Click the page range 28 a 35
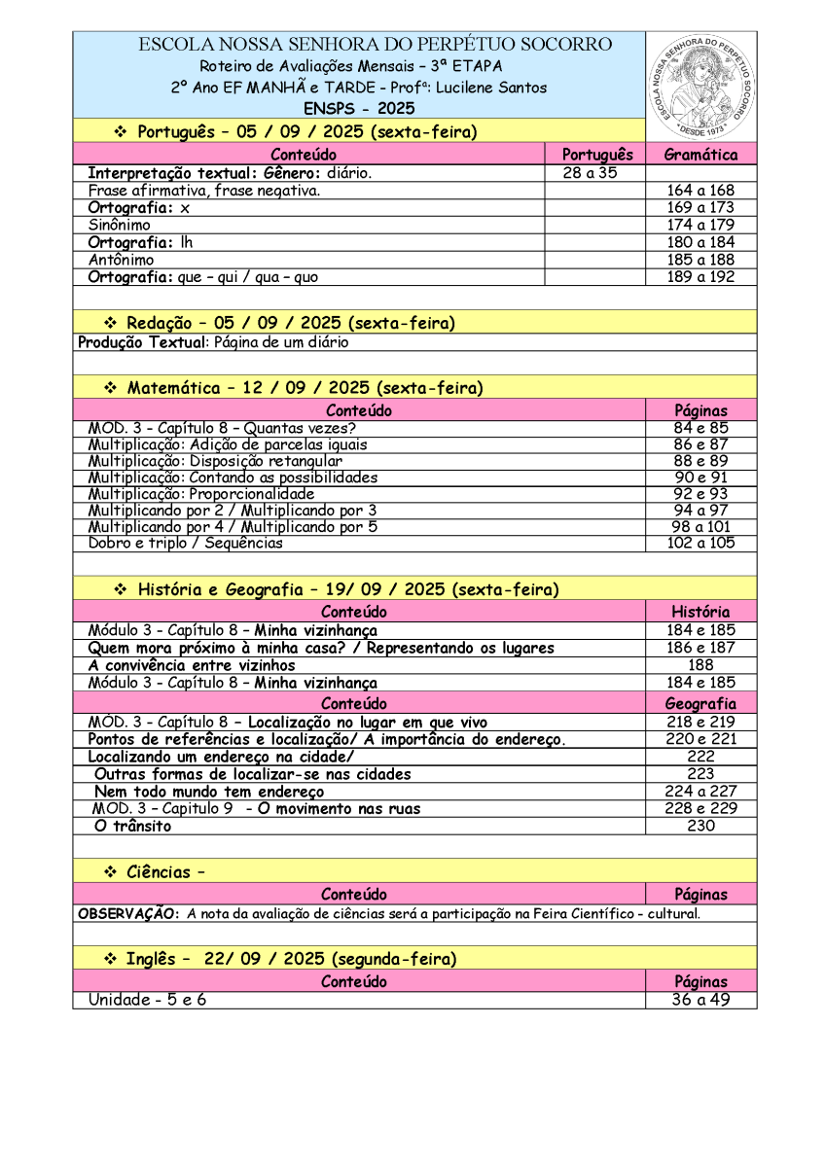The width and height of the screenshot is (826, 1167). coord(587,173)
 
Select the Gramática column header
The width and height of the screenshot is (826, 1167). coord(700,155)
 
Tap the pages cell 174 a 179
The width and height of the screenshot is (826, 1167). coord(700,225)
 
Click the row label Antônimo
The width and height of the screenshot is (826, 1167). coord(121,260)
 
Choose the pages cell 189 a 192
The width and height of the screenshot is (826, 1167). coord(700,277)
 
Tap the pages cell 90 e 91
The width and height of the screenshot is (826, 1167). coord(700,477)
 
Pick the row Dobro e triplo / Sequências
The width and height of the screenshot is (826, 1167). coord(185,543)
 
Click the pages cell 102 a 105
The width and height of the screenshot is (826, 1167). coord(700,543)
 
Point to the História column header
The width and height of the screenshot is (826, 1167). coord(700,612)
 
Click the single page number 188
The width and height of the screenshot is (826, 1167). coord(700,665)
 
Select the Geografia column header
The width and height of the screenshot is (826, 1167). coord(700,703)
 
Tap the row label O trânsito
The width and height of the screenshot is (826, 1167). coord(132,826)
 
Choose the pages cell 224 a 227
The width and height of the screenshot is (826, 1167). coord(700,791)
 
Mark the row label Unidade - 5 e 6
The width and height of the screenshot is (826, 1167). coord(147,1000)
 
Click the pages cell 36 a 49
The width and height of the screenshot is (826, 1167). coord(700,1000)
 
